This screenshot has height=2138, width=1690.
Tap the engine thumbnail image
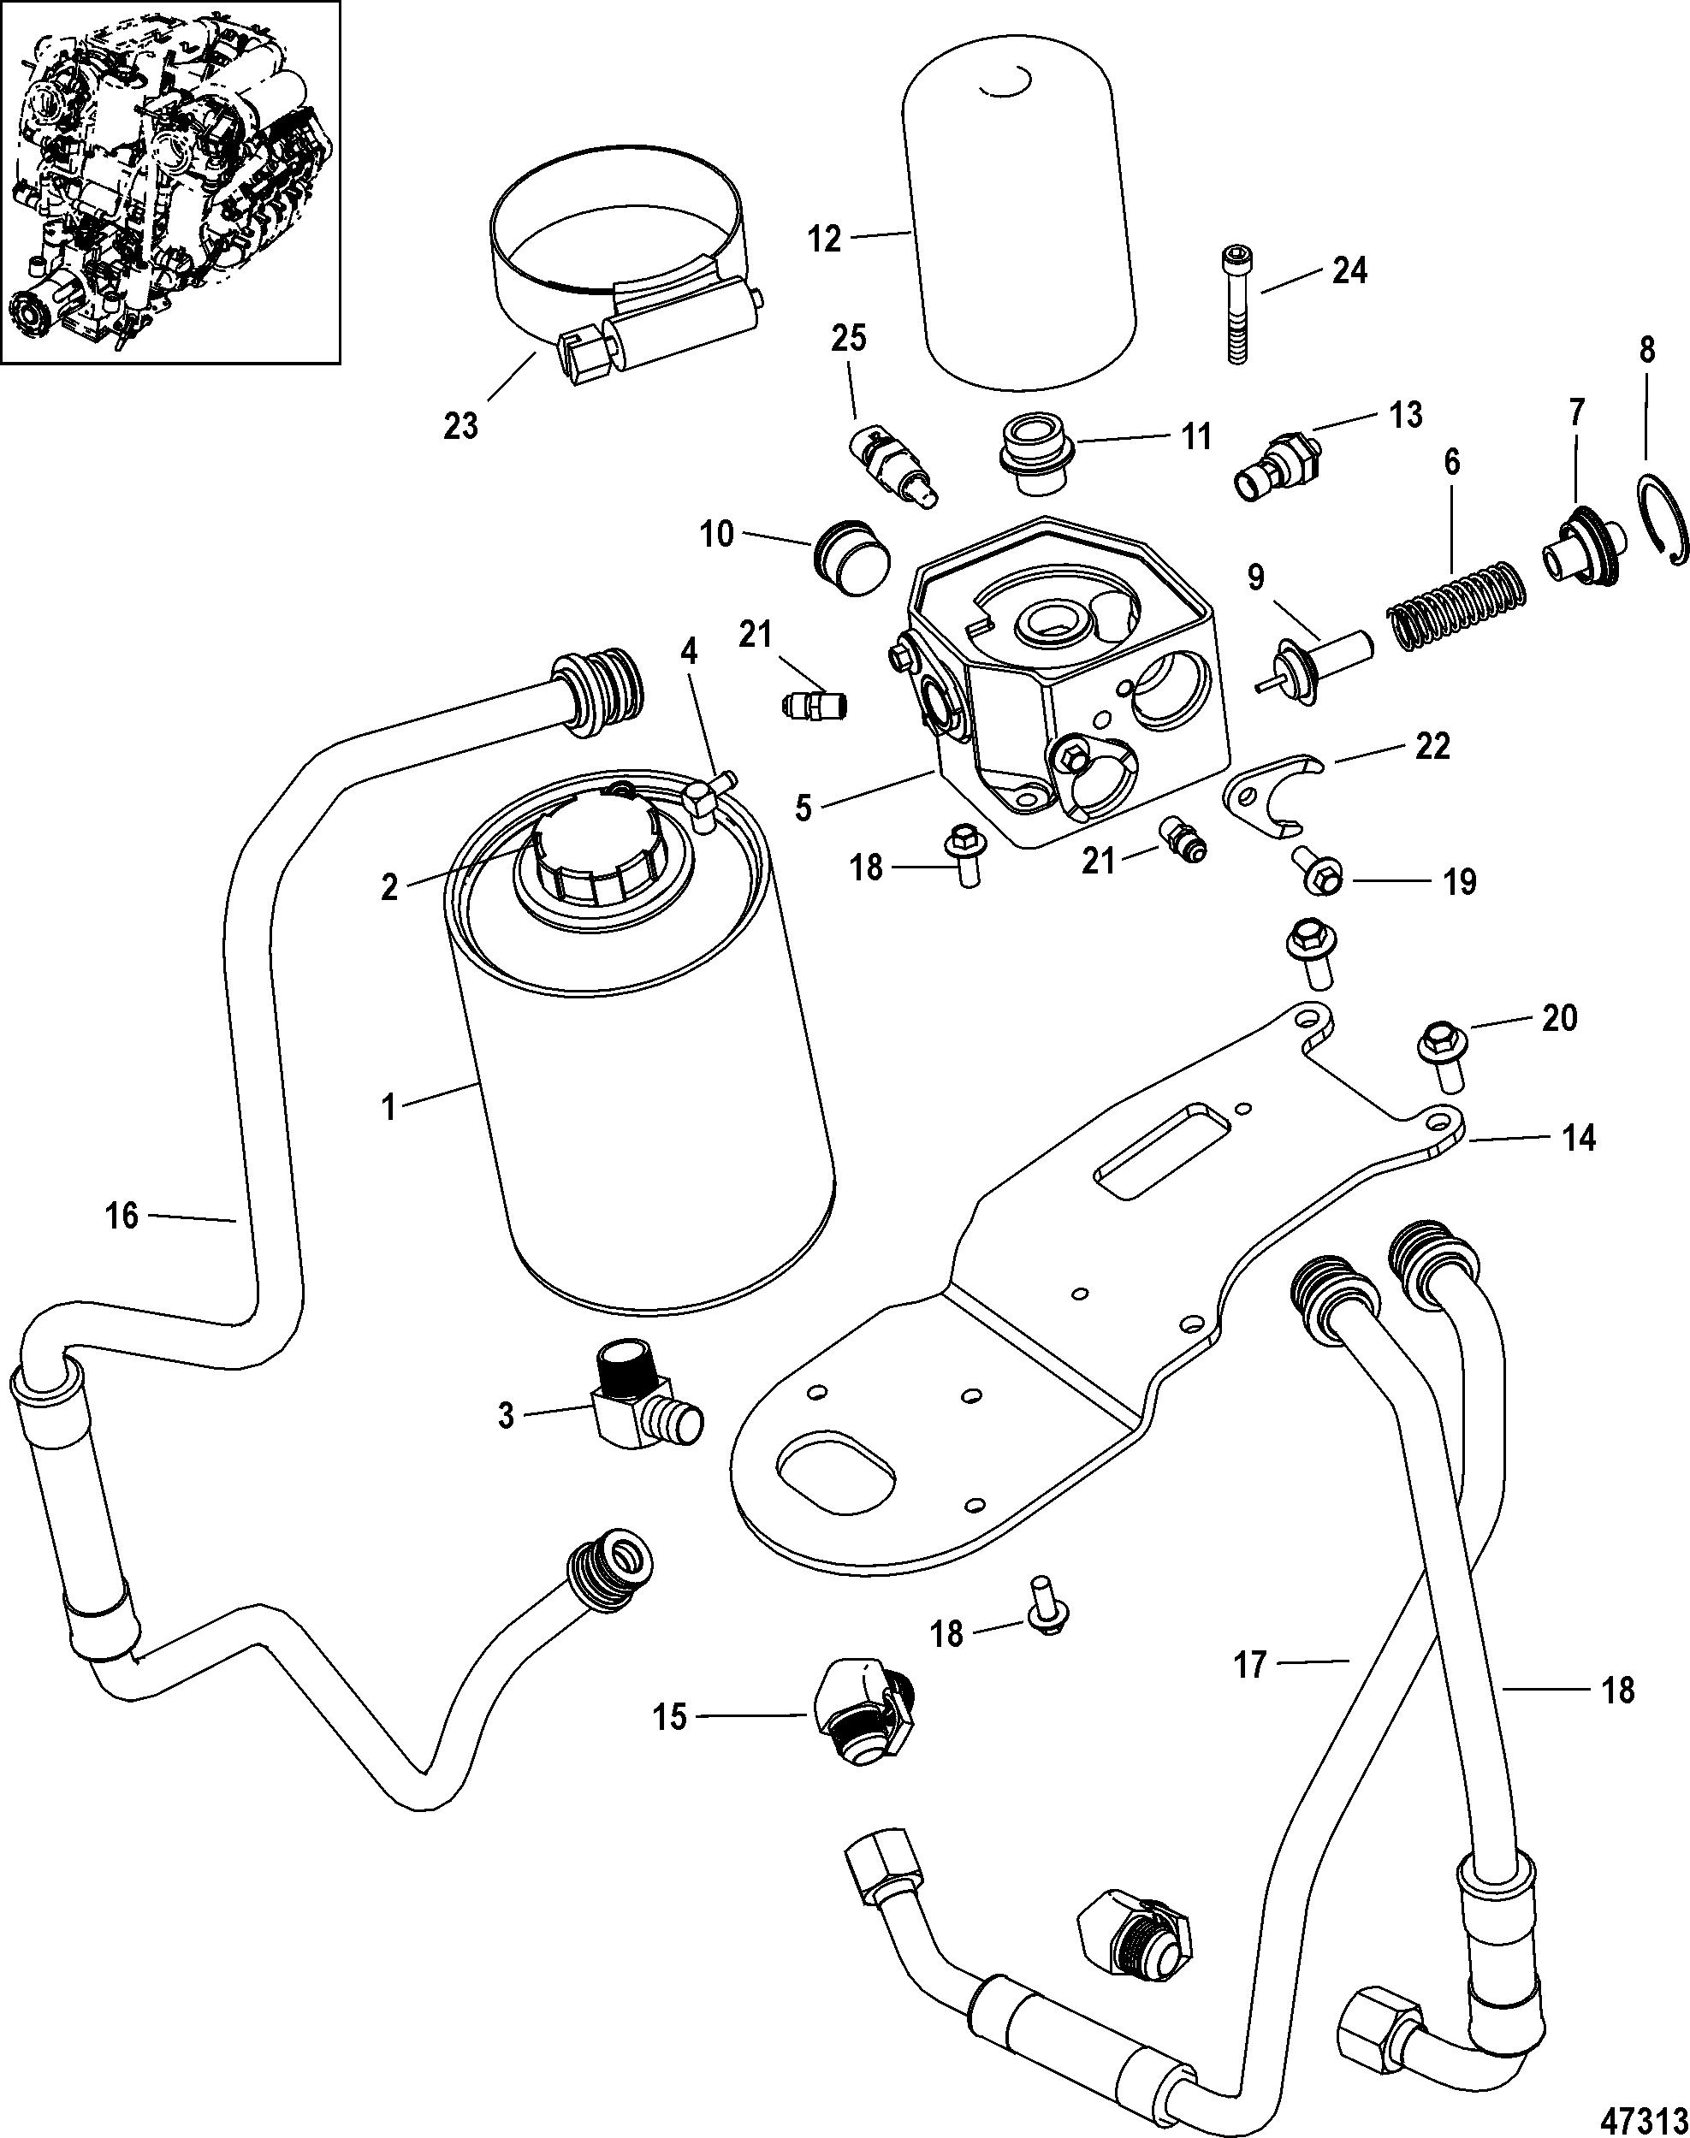coord(170,182)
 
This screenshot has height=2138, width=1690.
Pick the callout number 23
coord(461,425)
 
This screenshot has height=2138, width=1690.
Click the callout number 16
coord(122,1215)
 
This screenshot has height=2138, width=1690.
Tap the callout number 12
coord(823,238)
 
